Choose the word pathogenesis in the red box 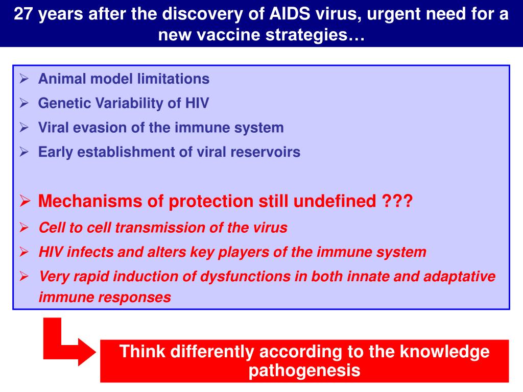(304, 370)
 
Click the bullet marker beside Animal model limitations (24, 79)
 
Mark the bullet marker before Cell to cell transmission (24, 228)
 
